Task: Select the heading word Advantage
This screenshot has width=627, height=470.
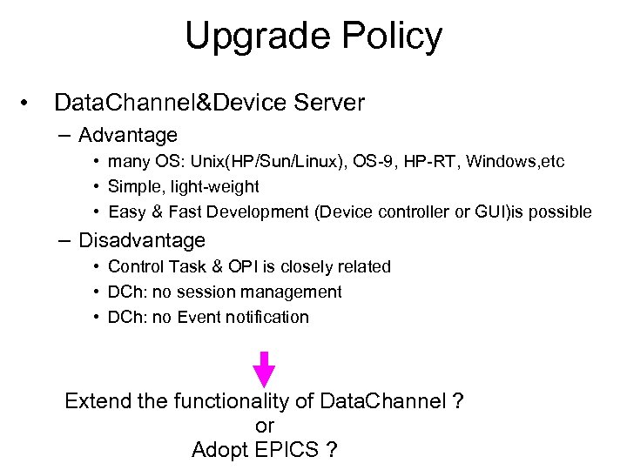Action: [127, 135]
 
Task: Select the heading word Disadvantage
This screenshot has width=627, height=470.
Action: [141, 239]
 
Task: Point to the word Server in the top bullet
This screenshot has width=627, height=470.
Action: [329, 103]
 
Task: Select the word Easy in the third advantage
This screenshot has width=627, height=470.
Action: [126, 211]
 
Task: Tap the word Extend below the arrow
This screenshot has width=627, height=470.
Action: [97, 401]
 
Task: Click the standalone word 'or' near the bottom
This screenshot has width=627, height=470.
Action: [265, 426]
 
